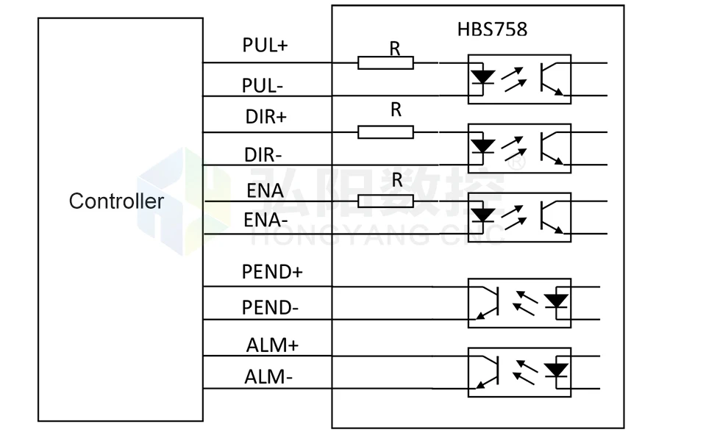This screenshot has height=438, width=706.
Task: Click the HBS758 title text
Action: [x=492, y=29]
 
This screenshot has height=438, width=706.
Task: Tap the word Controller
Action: [x=116, y=201]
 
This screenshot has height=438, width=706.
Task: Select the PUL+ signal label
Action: [x=265, y=45]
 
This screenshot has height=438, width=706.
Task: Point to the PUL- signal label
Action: [x=263, y=85]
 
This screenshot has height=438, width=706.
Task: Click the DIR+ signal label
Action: [x=265, y=117]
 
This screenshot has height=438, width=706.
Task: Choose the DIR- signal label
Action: [x=263, y=155]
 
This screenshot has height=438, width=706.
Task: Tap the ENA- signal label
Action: [x=265, y=220]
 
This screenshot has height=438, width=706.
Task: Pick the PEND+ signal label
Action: [x=272, y=271]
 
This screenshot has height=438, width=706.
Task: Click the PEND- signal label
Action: [x=270, y=307]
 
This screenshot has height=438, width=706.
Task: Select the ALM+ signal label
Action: [x=272, y=345]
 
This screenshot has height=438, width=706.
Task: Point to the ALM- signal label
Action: [x=268, y=377]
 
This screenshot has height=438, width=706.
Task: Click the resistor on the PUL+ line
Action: [x=385, y=62]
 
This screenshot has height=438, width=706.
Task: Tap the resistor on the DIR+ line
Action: [x=385, y=132]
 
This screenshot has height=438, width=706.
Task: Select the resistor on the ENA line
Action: [x=385, y=201]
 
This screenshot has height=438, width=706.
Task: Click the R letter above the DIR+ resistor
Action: [x=396, y=109]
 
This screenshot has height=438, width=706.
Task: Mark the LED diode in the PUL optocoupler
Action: [x=482, y=77]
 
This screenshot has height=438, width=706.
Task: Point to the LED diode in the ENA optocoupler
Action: [x=482, y=215]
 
